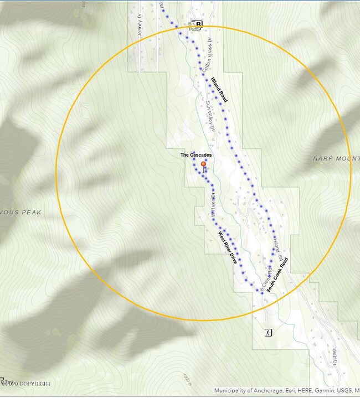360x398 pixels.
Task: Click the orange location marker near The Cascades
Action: (x=203, y=164)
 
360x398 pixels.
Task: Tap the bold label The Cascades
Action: (x=196, y=155)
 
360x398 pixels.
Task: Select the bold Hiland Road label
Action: (x=219, y=90)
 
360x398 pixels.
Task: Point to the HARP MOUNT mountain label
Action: (x=336, y=158)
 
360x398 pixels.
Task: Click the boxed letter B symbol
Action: (x=199, y=24)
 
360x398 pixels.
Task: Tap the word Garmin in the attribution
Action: (x=313, y=390)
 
